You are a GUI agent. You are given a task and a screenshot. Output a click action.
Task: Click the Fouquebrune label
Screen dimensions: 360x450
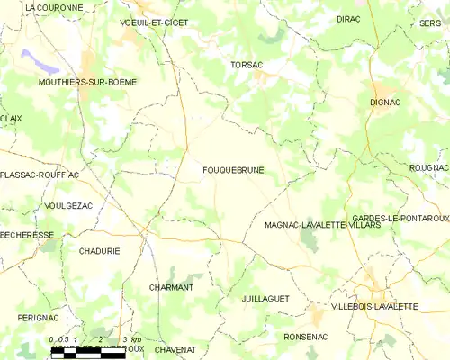(x=233, y=169)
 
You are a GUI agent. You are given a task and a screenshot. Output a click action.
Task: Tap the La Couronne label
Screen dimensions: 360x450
(x=54, y=7)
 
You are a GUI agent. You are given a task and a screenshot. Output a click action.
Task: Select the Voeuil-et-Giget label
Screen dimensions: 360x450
(x=154, y=22)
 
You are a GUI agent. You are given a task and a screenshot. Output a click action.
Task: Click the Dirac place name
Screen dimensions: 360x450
(x=348, y=18)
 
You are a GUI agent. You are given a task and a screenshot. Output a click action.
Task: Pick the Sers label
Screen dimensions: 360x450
(x=429, y=22)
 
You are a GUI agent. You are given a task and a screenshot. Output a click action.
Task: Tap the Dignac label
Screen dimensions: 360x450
(x=384, y=103)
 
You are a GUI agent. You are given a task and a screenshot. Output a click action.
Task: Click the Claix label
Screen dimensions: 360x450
(x=11, y=118)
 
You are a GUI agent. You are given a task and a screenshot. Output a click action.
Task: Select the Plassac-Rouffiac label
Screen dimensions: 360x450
(x=40, y=175)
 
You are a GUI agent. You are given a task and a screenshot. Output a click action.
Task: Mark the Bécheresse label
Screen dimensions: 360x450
(x=27, y=235)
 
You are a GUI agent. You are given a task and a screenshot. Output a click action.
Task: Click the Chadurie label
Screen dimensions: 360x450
(x=99, y=251)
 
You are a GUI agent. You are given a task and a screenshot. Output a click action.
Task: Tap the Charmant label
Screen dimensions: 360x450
(x=171, y=287)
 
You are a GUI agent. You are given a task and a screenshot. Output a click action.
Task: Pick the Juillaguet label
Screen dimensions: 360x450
(x=265, y=296)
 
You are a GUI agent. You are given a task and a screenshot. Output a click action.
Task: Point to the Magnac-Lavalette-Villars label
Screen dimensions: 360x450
(x=323, y=225)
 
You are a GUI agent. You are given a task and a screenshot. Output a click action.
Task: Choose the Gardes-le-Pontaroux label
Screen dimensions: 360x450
(x=400, y=219)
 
